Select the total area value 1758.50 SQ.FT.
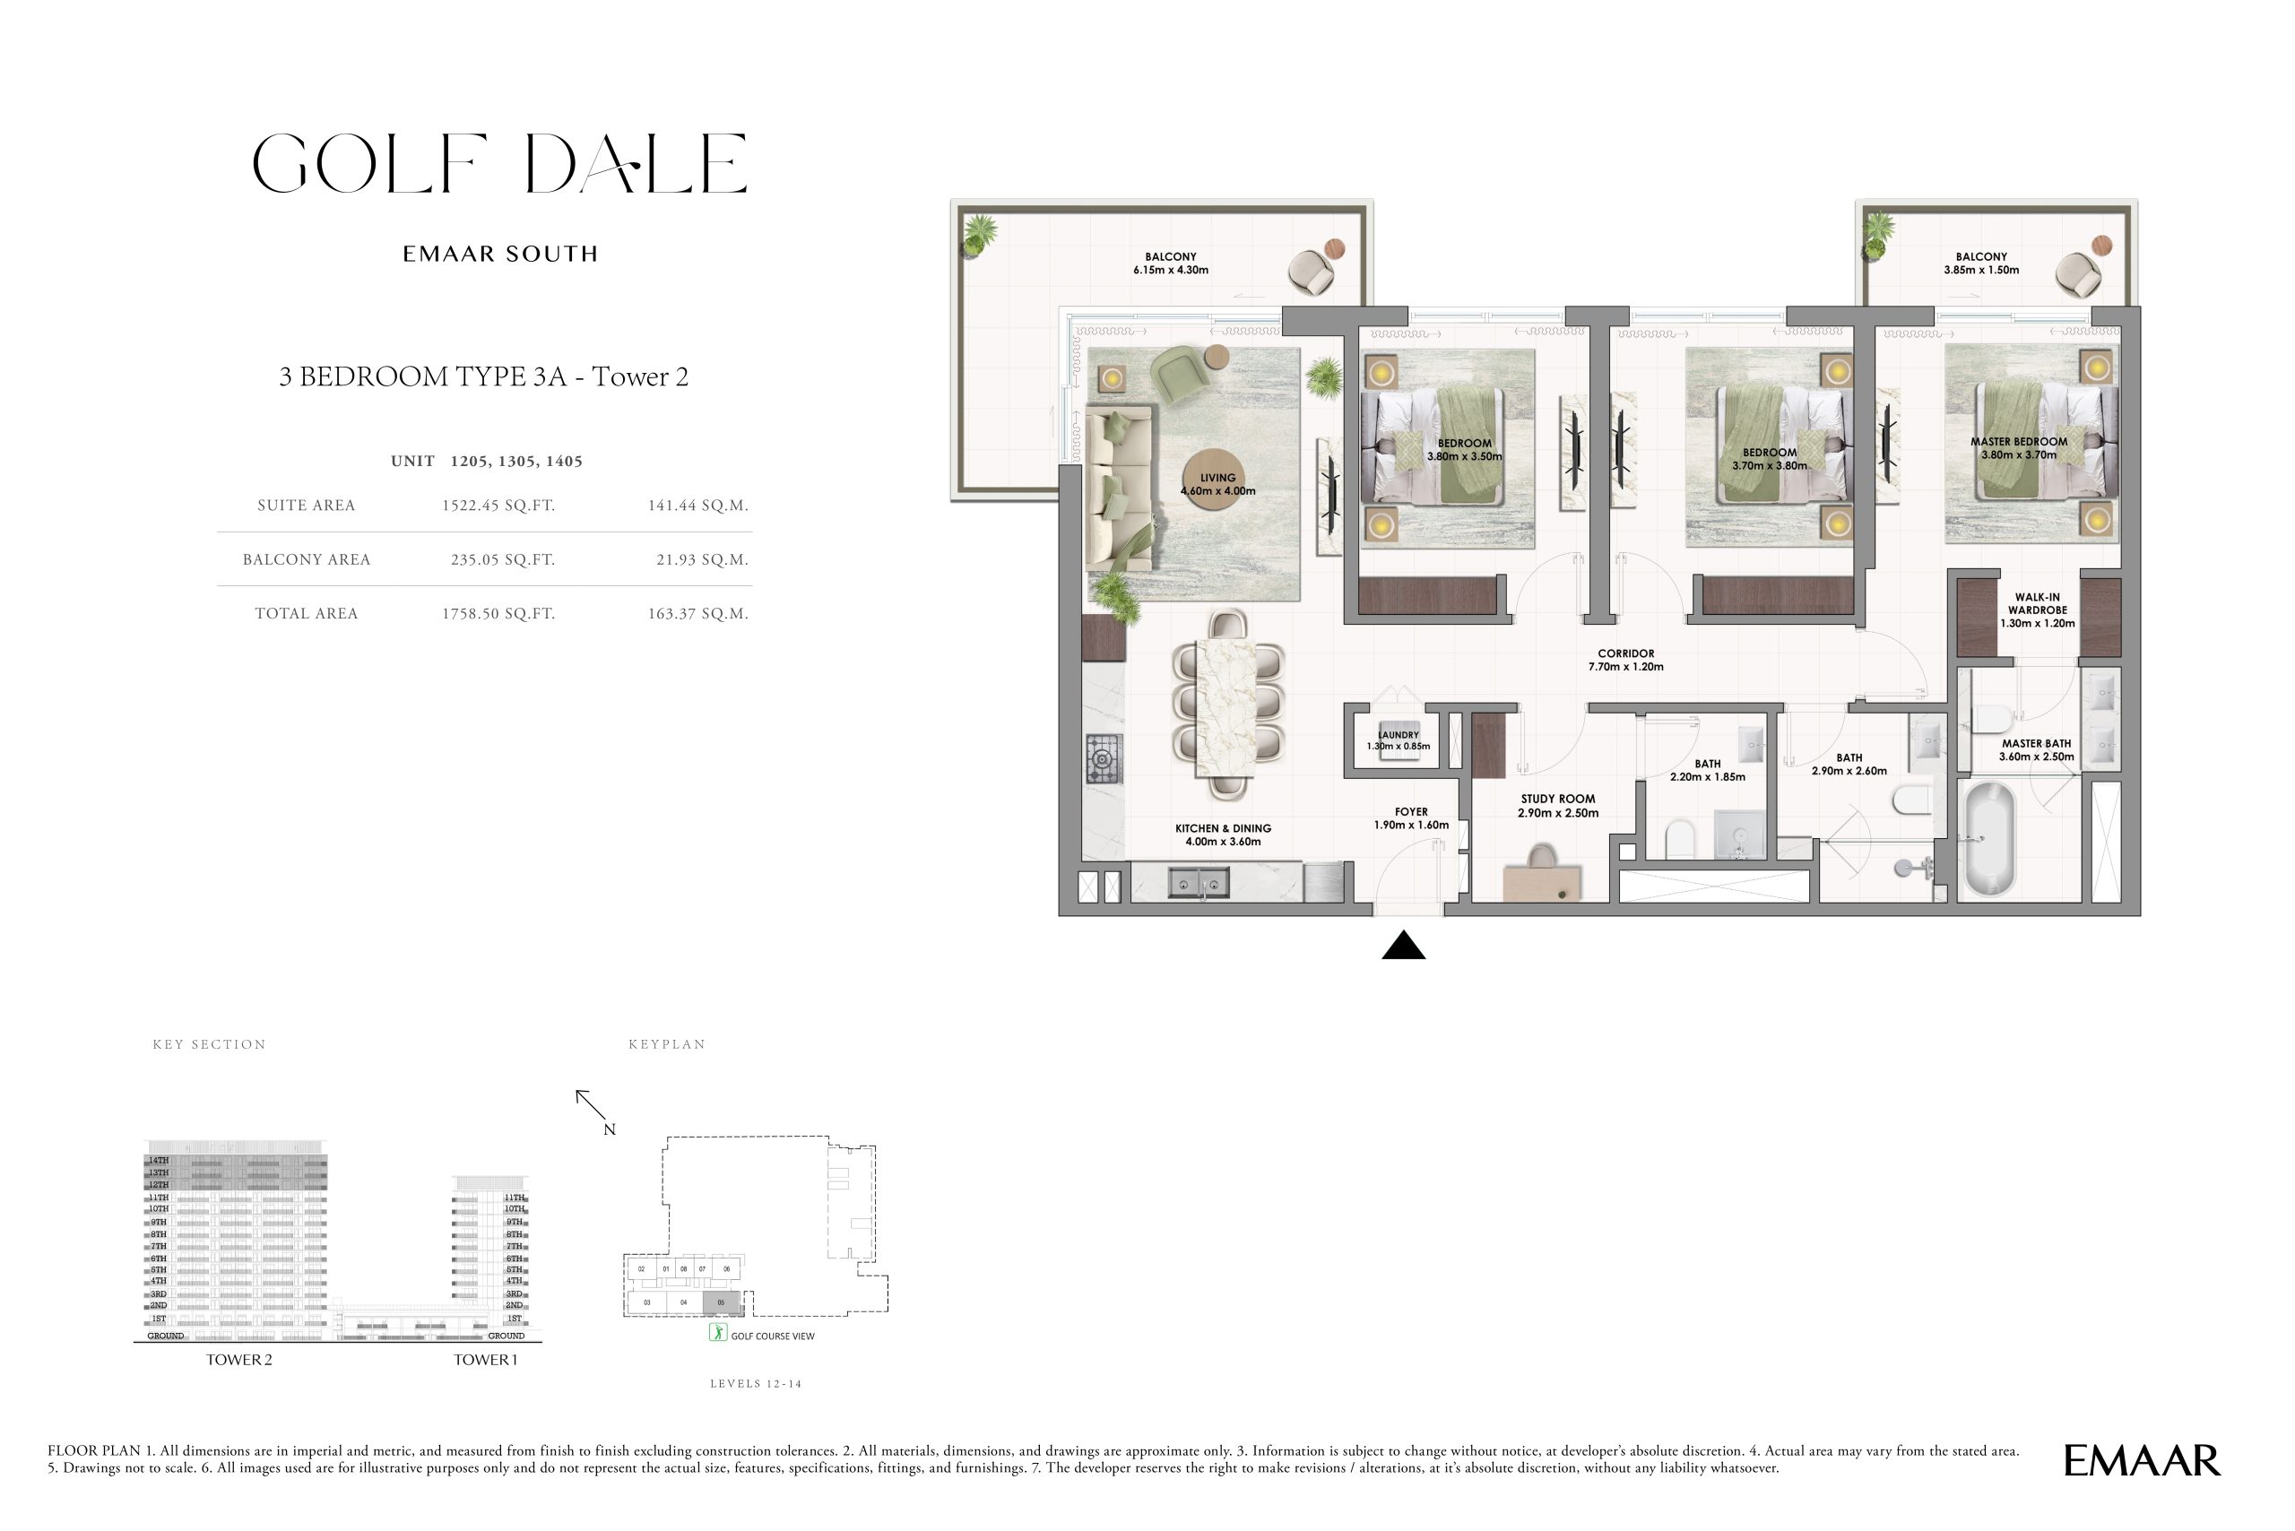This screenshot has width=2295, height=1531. [x=498, y=613]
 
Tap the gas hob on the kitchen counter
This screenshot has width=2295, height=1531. [x=1104, y=757]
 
